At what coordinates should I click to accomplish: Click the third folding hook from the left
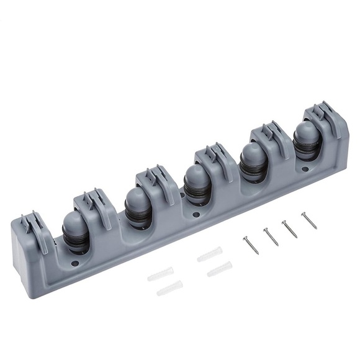point(153,176)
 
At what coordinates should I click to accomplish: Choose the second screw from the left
point(270,236)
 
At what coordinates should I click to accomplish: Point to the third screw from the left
point(289,228)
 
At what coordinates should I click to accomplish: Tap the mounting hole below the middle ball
point(196,215)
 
